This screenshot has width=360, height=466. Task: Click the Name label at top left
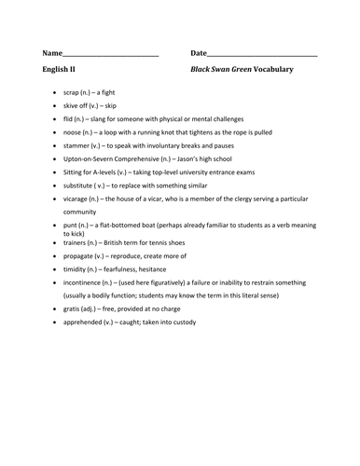pos(52,53)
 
